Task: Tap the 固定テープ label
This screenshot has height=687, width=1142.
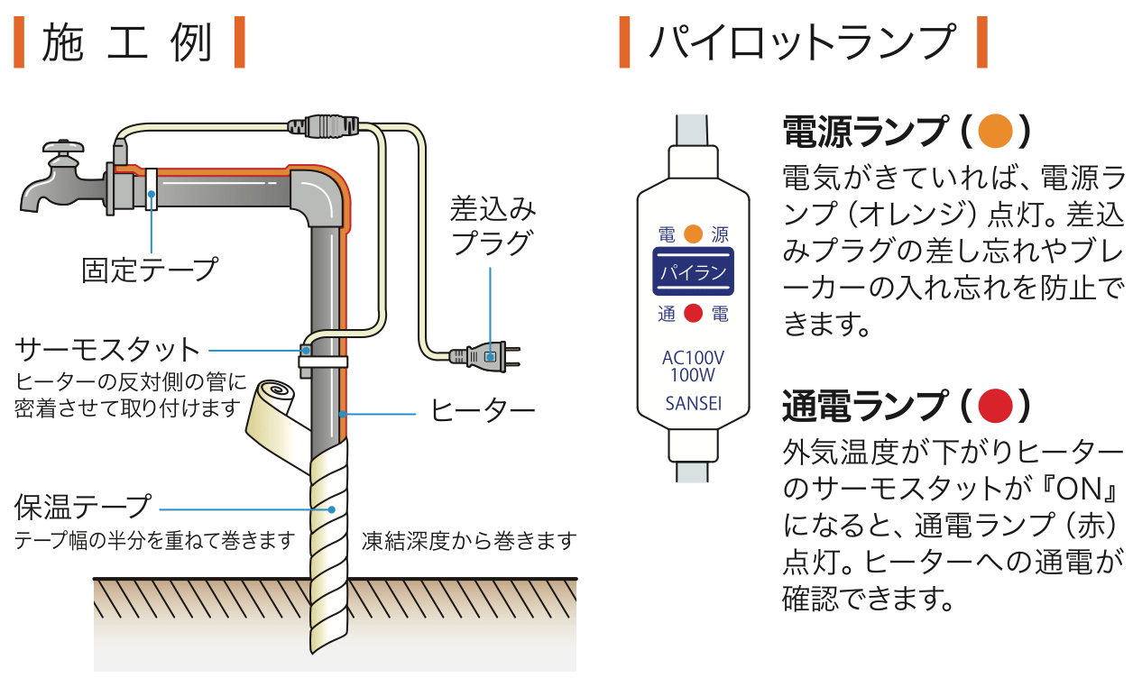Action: [150, 269]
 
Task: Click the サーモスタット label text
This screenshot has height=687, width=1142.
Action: [107, 349]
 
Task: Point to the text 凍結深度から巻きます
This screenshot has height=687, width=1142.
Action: [469, 541]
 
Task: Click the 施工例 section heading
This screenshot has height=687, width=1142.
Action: [127, 42]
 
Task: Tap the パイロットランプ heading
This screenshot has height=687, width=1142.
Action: [801, 42]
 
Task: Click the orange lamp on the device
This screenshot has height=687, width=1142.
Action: [693, 234]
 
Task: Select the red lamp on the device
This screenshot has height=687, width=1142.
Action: [693, 314]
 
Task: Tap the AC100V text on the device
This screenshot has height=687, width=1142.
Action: [693, 357]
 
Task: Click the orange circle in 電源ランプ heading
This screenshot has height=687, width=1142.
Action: [996, 133]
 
